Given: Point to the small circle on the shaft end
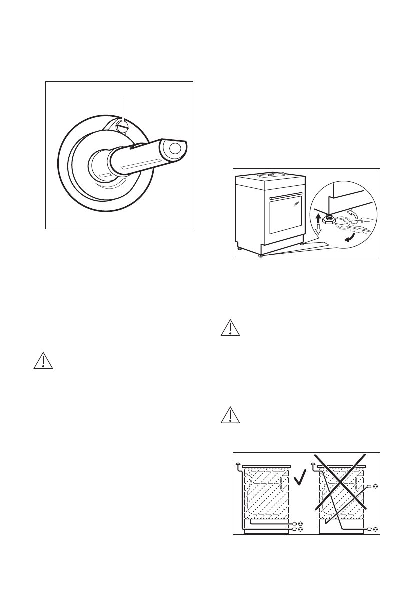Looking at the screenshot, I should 175,148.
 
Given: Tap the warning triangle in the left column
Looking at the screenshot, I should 42,362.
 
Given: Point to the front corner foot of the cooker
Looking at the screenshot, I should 261,255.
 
